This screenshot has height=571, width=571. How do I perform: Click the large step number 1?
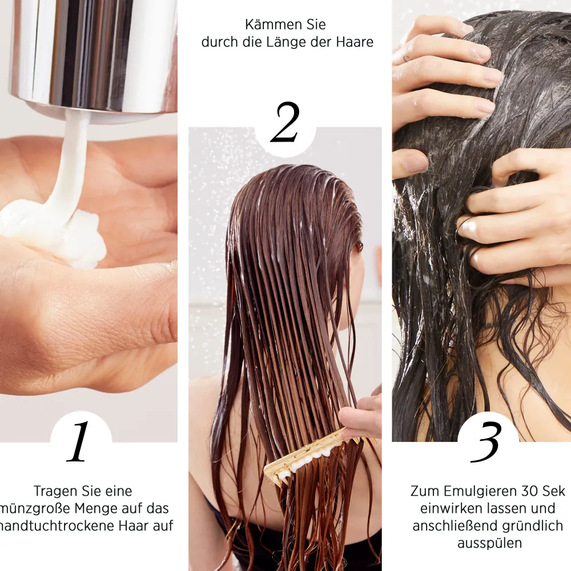pyautogui.click(x=79, y=443)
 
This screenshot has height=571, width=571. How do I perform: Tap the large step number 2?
pyautogui.click(x=285, y=123)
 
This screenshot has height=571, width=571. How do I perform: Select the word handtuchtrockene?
pyautogui.click(x=55, y=525)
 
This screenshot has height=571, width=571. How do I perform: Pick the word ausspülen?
pyautogui.click(x=489, y=542)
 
